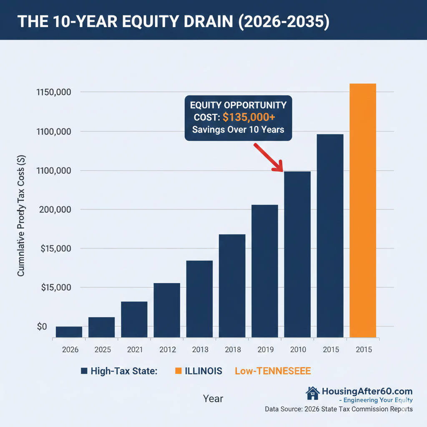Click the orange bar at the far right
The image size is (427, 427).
click(363, 211)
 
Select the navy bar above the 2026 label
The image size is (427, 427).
click(69, 332)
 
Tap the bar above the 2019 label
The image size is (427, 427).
click(265, 271)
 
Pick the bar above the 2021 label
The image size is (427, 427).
click(134, 319)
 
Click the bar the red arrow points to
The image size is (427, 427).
click(297, 254)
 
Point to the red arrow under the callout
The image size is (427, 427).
click(268, 158)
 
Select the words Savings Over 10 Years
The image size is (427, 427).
click(238, 130)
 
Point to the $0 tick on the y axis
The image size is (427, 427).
click(42, 327)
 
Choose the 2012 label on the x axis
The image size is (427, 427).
click(167, 350)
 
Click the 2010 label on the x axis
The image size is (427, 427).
click(297, 350)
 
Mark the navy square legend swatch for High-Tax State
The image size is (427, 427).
click(84, 371)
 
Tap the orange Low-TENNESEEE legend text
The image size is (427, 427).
click(273, 371)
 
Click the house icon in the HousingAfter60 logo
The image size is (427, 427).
click(312, 392)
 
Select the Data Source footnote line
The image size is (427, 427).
click(339, 409)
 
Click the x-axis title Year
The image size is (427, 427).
click(213, 399)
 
